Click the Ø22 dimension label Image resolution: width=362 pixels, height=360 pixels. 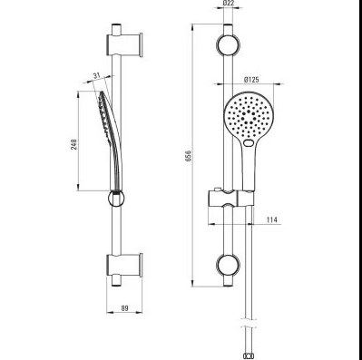229,4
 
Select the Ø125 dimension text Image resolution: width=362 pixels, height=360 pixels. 251,80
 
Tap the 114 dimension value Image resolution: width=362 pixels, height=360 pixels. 272,219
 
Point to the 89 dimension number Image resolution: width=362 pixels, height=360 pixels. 124,308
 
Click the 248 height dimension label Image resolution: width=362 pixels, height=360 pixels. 74,144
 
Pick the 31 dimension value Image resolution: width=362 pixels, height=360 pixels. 96,75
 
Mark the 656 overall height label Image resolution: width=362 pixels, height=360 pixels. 189,156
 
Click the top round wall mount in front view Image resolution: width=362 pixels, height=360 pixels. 228,45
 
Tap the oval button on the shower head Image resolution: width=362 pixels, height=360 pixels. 249,143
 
